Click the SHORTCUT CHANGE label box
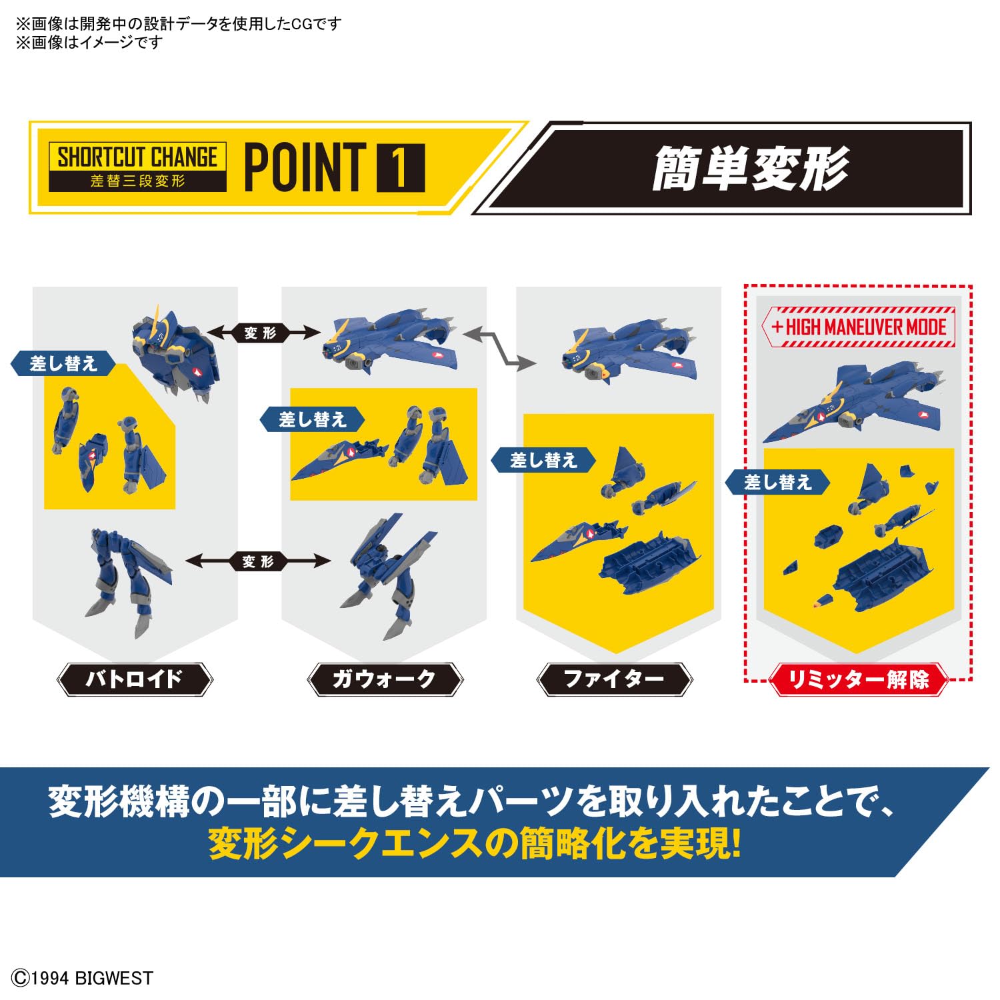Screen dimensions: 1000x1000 click(x=137, y=167)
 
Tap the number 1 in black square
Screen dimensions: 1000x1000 click(x=401, y=167)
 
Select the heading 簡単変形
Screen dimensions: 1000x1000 click(x=749, y=168)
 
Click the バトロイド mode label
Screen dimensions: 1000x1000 click(x=135, y=679)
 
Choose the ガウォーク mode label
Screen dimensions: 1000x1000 click(x=384, y=679)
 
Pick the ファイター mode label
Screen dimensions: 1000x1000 click(x=614, y=679)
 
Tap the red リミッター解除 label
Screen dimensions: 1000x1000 click(x=858, y=679)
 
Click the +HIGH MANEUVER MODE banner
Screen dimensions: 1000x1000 click(x=859, y=327)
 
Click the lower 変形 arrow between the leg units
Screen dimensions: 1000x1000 click(x=258, y=561)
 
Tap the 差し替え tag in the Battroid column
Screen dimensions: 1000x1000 click(x=63, y=364)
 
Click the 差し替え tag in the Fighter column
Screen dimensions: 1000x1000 click(x=543, y=460)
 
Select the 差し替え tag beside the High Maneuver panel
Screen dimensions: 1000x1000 click(x=777, y=482)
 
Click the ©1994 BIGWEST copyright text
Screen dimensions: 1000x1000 click(x=83, y=978)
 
